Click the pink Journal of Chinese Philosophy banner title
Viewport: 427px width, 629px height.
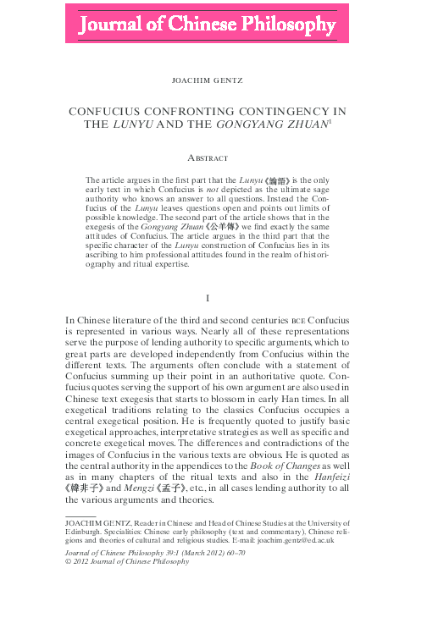(208, 27)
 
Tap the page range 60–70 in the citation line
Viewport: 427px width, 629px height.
(231, 551)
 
